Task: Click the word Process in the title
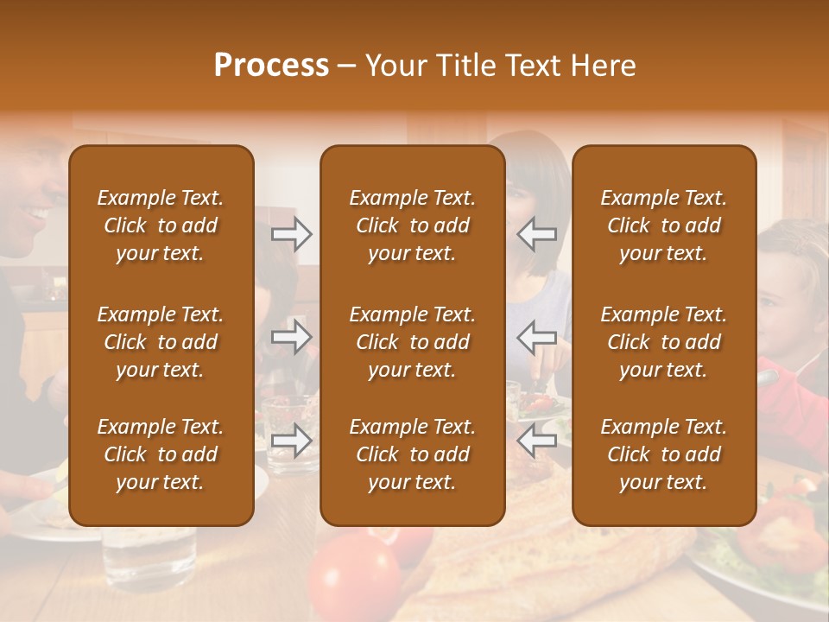271,66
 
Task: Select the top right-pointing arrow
292,234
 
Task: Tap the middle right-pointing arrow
292,337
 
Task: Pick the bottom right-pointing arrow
292,441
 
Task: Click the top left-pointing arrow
537,234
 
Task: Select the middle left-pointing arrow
537,337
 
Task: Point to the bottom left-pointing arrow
537,441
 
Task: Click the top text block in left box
161,225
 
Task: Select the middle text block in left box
161,342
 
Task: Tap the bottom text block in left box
161,454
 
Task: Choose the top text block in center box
412,225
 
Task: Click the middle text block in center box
412,342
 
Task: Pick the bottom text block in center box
412,454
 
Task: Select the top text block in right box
663,225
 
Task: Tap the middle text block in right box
663,342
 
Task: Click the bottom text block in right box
663,454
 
